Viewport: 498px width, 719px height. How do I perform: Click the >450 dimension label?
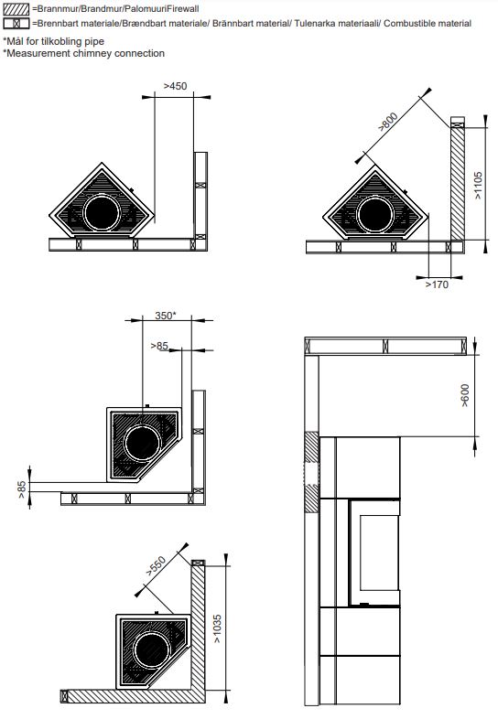click(176, 86)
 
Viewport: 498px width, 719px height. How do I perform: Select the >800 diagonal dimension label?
click(388, 122)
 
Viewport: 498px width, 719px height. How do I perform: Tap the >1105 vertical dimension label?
click(478, 186)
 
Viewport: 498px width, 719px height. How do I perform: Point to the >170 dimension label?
click(437, 284)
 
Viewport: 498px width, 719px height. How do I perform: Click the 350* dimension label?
click(165, 316)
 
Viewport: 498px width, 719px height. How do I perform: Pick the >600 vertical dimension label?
click(464, 395)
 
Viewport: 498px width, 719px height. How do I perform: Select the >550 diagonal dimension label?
click(156, 566)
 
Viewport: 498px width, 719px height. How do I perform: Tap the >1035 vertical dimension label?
click(217, 628)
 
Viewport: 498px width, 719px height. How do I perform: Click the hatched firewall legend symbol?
click(16, 8)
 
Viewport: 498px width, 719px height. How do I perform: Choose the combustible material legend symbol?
click(16, 23)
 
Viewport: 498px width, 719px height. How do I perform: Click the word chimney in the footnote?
click(92, 53)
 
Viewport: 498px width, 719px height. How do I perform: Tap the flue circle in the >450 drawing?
click(102, 213)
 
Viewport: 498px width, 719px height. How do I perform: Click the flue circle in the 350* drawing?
click(142, 444)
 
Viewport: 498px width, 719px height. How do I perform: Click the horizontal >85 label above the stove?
click(159, 346)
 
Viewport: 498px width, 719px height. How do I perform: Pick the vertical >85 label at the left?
click(22, 489)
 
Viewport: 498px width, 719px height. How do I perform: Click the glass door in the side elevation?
click(379, 553)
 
